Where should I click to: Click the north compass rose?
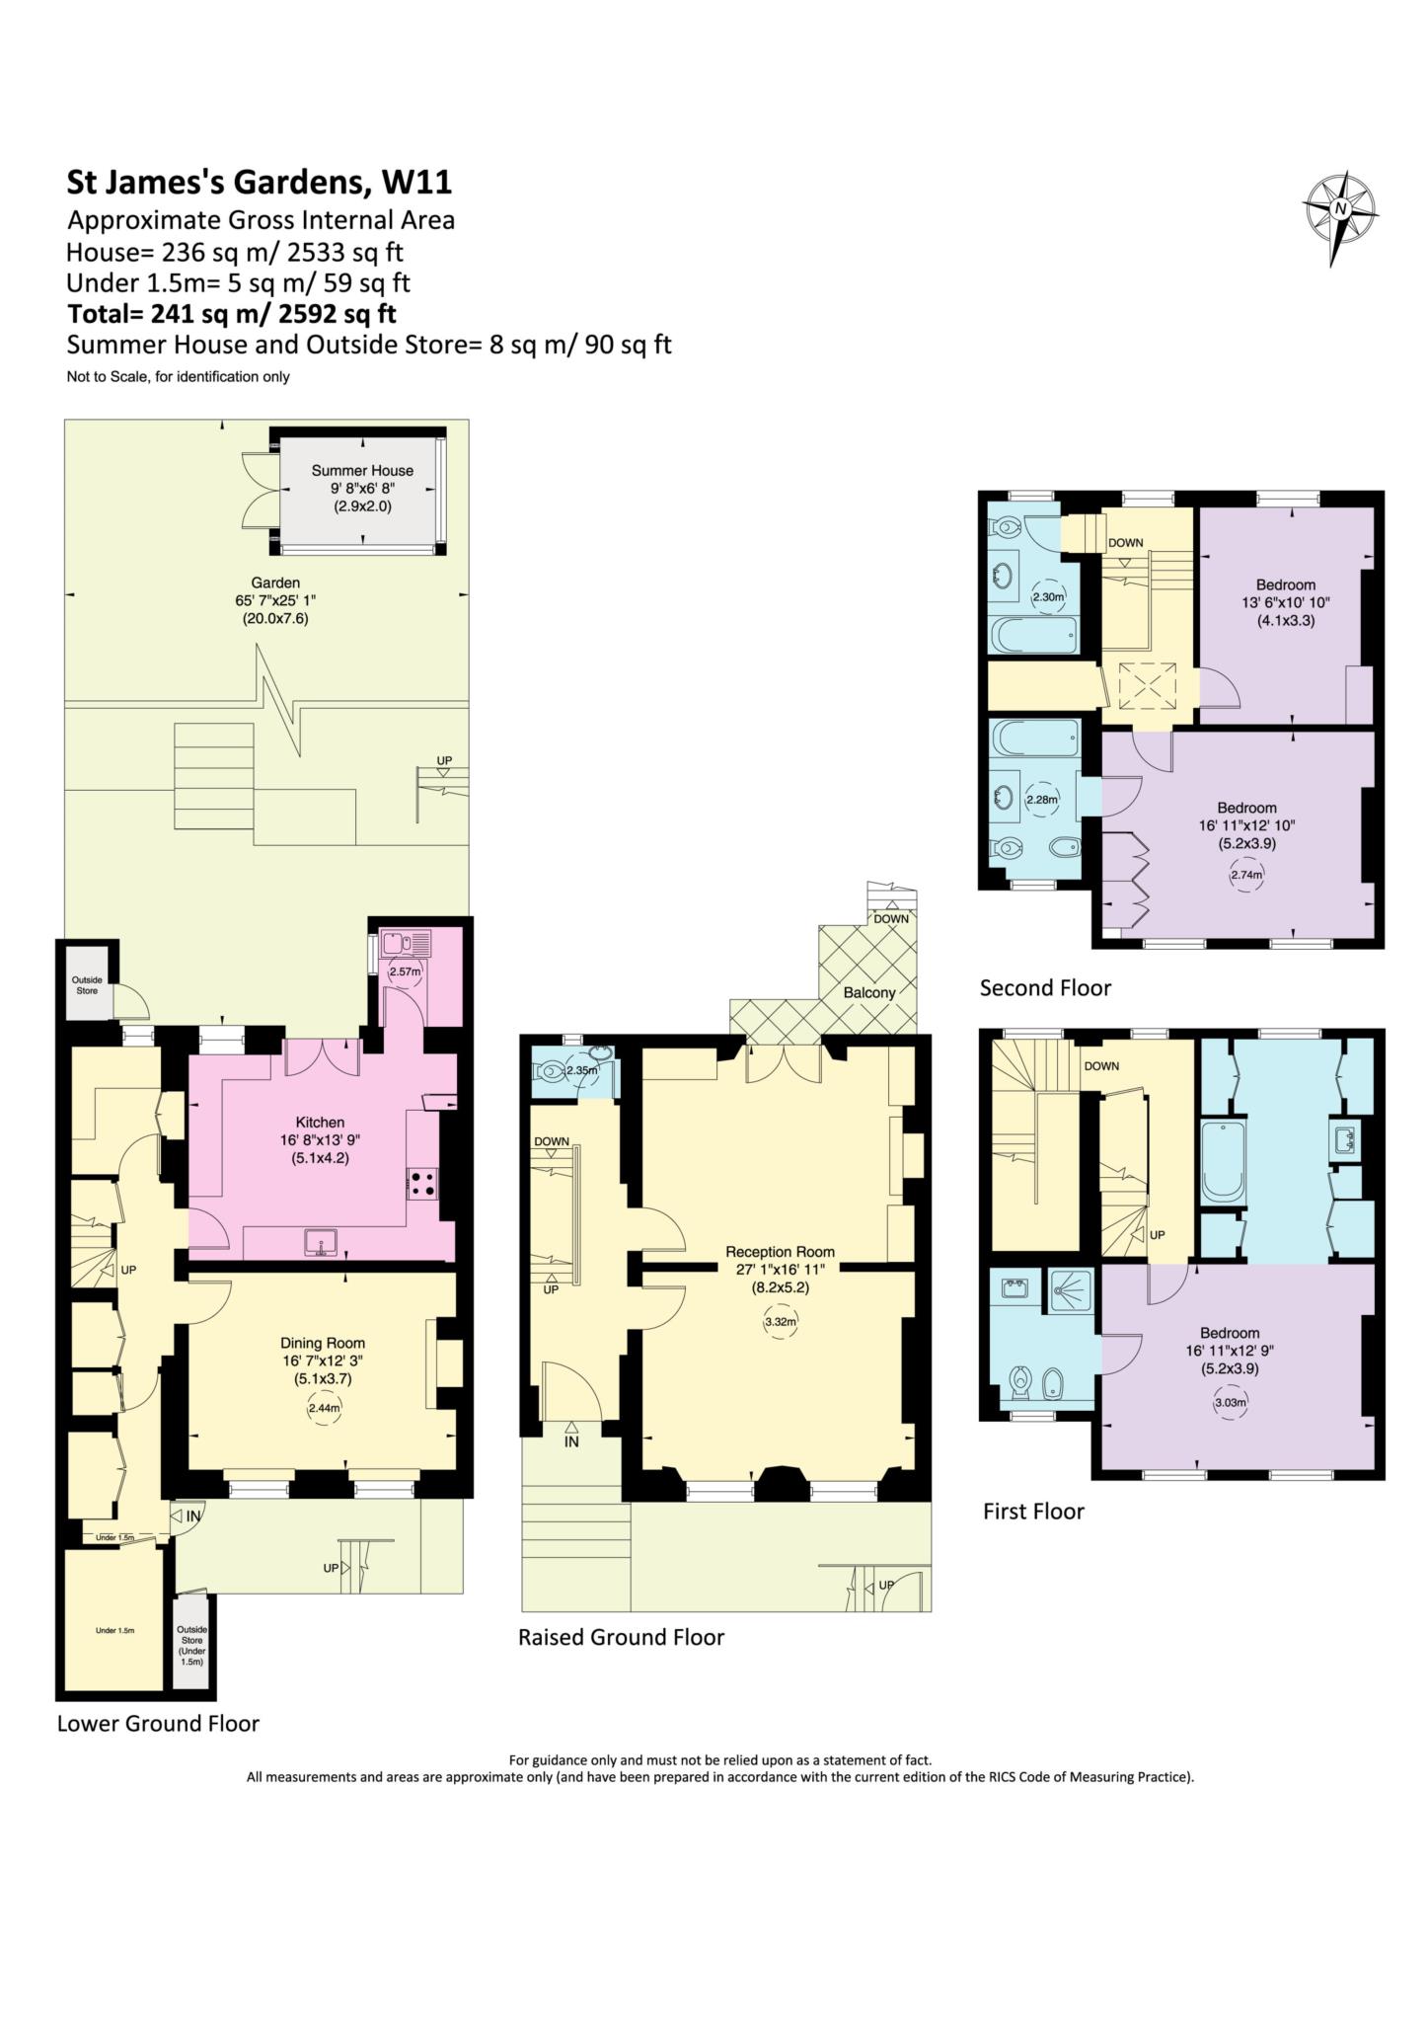[x=1339, y=209]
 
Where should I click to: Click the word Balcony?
[x=869, y=992]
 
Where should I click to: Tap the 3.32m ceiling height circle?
[x=780, y=1321]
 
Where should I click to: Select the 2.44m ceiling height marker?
[x=323, y=1409]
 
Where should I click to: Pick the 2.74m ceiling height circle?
[x=1246, y=875]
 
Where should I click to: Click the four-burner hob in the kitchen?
[x=423, y=1183]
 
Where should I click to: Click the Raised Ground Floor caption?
[x=621, y=1638]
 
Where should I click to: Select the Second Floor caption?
[x=1045, y=987]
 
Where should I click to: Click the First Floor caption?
[x=1033, y=1512]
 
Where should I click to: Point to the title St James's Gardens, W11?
[x=259, y=183]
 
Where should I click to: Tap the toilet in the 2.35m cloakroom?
[x=551, y=1068]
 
